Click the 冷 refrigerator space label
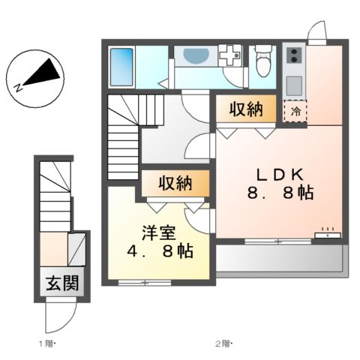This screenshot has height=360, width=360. (x=295, y=112)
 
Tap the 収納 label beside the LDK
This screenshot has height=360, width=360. (x=245, y=110)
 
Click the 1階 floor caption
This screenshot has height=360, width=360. (x=47, y=344)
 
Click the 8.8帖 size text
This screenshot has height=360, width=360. (x=279, y=193)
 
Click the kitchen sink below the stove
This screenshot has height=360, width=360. (x=293, y=82)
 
